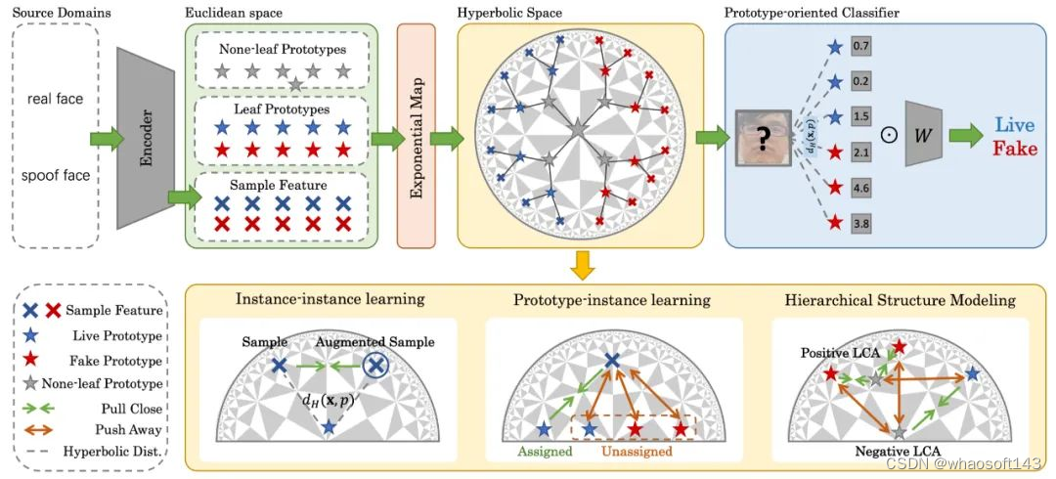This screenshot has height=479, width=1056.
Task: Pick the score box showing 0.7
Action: click(861, 45)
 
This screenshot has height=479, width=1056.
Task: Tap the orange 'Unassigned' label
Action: click(636, 453)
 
